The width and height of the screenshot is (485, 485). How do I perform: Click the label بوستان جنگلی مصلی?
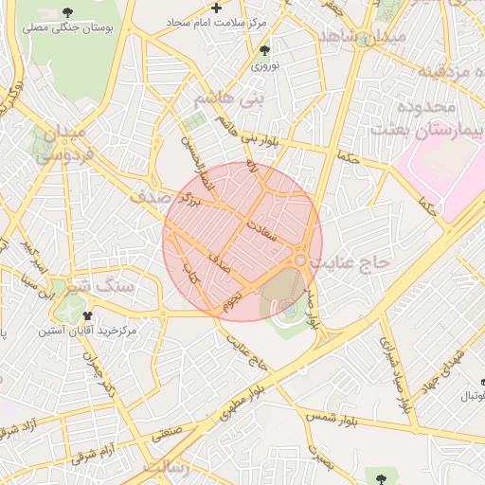coord(68,29)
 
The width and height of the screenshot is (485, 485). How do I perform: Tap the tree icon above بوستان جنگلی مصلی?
coord(67,12)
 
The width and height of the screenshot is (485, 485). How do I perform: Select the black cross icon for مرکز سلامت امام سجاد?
coord(217,8)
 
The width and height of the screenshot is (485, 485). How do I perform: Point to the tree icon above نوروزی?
coord(264,50)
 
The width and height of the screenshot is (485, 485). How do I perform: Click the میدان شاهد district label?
coord(364,37)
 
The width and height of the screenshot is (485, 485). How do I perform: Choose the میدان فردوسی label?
coord(64,142)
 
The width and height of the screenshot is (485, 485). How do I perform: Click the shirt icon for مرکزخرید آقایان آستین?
coord(88,315)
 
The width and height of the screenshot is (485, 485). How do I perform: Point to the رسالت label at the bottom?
coord(167,469)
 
